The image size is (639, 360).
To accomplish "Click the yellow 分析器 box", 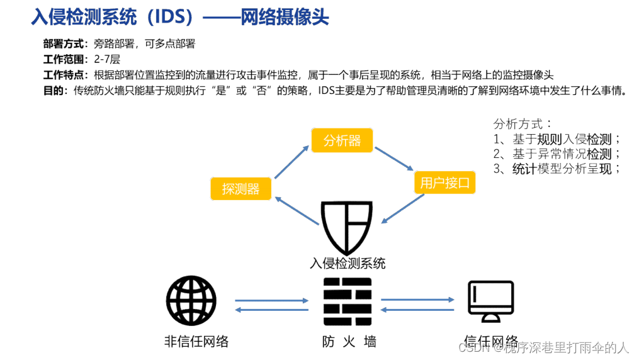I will point(342,140).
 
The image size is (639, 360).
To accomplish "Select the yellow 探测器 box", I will point(240,189).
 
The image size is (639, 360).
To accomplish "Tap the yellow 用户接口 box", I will point(444,183).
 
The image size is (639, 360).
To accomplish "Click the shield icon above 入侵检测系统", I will point(347,227).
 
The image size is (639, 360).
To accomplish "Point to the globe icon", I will point(191,301).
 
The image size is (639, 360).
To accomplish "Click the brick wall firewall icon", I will point(348,301).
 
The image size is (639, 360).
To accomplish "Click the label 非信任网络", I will point(196,342).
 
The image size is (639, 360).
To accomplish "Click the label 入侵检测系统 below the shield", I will point(348,262).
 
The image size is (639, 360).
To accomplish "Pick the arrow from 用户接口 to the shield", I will point(403,208).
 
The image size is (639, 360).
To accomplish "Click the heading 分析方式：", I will point(523,124).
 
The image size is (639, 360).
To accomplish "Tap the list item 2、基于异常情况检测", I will point(557,154).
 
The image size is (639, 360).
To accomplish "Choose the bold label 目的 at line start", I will point(53,91).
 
